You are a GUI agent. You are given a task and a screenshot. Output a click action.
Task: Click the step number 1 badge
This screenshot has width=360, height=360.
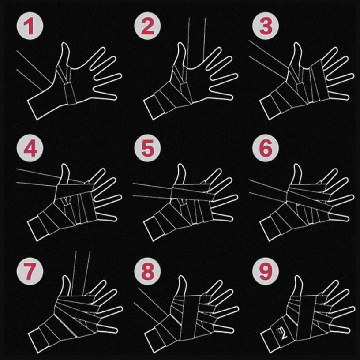(x=30, y=26)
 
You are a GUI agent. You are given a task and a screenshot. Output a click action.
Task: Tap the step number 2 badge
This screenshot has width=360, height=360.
(x=148, y=26)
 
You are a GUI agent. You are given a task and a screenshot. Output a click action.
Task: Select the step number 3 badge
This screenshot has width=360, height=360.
(x=266, y=26)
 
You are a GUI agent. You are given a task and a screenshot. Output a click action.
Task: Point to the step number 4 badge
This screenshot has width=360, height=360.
(x=30, y=148)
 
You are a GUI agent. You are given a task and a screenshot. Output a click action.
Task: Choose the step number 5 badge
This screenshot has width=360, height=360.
(x=148, y=148)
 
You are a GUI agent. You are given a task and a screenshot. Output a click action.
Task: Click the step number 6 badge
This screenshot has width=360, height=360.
(x=266, y=148)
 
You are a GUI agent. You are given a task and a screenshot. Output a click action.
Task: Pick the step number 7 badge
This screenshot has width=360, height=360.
(x=30, y=271)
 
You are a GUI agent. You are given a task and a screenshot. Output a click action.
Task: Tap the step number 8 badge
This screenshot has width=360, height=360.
(x=148, y=271)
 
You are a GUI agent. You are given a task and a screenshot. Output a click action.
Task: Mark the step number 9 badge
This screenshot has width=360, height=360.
(x=266, y=271)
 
